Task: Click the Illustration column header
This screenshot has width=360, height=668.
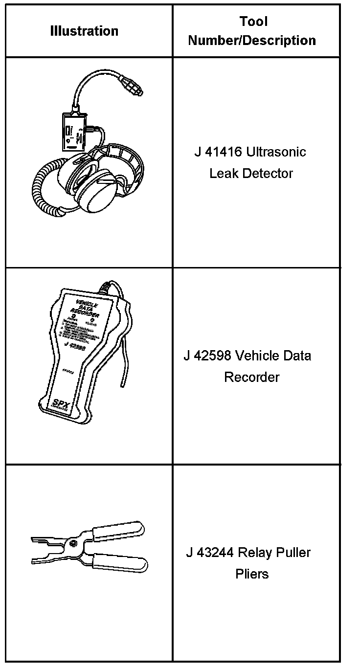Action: click(84, 31)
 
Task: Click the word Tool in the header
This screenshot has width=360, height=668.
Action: click(253, 22)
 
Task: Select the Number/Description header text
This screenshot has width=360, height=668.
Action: click(252, 40)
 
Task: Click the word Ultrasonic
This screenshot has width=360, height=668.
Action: click(276, 152)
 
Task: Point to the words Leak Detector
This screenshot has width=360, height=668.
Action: click(251, 173)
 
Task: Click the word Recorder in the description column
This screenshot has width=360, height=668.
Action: click(251, 377)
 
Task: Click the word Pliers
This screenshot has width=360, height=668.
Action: click(252, 574)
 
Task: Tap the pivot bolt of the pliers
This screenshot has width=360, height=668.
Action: click(73, 544)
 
